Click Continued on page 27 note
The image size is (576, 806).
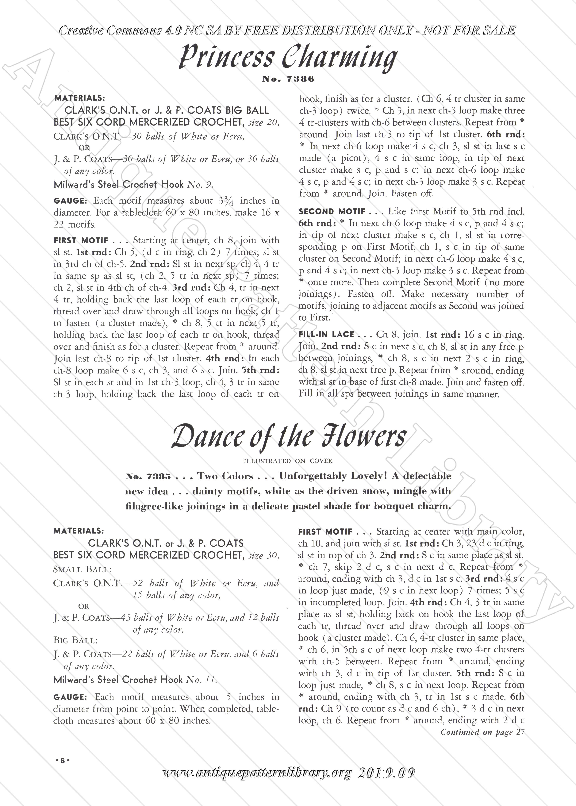pyautogui.click(x=482, y=732)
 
